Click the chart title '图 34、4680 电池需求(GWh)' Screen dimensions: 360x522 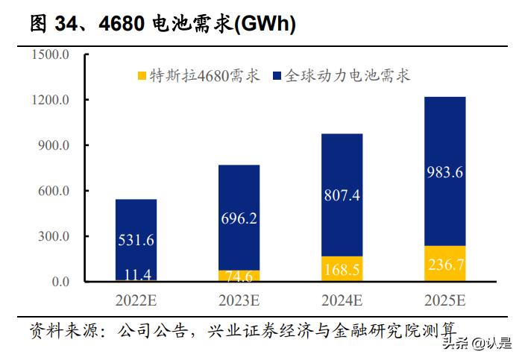click(x=163, y=24)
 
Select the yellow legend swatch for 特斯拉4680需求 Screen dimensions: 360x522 click(x=141, y=76)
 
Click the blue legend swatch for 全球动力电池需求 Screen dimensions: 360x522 click(x=277, y=76)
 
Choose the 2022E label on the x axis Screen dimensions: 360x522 click(x=136, y=301)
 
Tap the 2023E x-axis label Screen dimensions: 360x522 click(x=239, y=301)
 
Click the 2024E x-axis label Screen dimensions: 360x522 click(x=342, y=301)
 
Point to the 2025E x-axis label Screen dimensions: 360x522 click(x=445, y=301)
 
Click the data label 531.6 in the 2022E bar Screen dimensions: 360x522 click(x=136, y=240)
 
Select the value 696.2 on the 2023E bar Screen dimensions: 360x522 click(x=239, y=219)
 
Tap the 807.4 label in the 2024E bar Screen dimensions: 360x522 click(x=342, y=196)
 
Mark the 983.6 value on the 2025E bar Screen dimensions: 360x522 click(x=445, y=173)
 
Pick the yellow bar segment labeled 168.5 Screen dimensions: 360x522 click(x=342, y=268)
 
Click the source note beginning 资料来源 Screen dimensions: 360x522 click(x=242, y=329)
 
